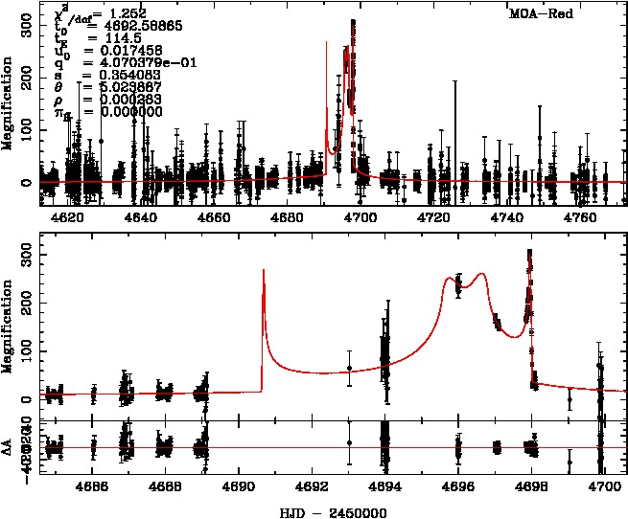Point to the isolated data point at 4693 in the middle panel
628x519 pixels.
pyautogui.click(x=349, y=369)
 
